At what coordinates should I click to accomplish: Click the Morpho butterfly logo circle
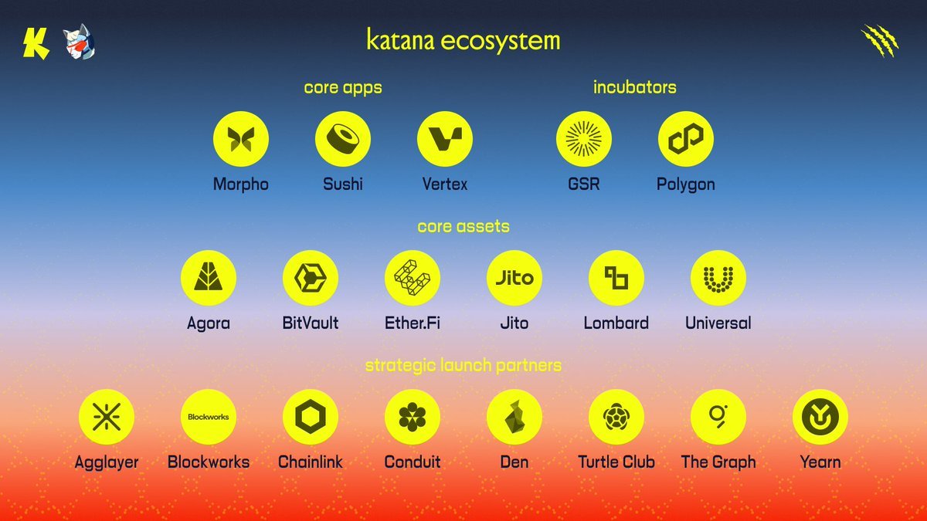click(x=241, y=139)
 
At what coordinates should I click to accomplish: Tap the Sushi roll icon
click(x=343, y=139)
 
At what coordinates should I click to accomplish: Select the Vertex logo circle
click(x=445, y=139)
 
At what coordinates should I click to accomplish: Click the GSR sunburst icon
click(x=584, y=139)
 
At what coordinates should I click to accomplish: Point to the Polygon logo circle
click(x=686, y=139)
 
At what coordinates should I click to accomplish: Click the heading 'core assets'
click(x=463, y=226)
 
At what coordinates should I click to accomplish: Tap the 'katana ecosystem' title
click(x=463, y=40)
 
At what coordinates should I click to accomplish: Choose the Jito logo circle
click(x=514, y=278)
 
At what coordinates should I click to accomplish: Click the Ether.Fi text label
click(x=413, y=323)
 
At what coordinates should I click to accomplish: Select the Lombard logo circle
click(x=616, y=278)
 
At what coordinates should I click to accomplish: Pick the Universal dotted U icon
click(x=718, y=278)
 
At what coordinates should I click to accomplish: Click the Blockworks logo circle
click(x=209, y=417)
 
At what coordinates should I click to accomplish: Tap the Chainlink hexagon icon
click(x=311, y=417)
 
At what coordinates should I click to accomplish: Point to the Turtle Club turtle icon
click(x=616, y=417)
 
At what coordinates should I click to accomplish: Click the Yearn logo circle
click(x=820, y=417)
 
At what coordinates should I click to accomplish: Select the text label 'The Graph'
click(x=718, y=462)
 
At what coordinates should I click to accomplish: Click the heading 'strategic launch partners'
click(x=463, y=365)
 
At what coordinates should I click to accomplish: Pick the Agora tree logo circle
click(x=209, y=278)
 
